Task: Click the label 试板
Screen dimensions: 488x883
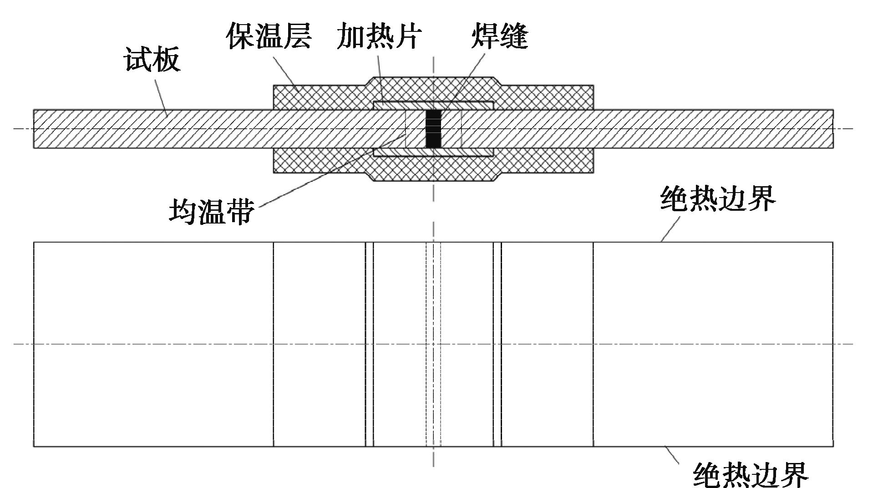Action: (x=152, y=60)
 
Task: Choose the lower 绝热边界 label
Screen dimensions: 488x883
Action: (x=751, y=475)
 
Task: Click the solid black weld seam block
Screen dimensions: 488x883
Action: (x=433, y=129)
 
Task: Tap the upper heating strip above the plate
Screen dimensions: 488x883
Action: (x=432, y=106)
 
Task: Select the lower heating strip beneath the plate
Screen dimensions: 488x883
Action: (x=432, y=152)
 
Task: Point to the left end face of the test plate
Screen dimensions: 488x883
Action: (x=34, y=129)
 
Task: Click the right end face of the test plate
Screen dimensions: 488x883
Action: (x=833, y=129)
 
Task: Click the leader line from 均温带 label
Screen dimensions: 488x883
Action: (x=319, y=178)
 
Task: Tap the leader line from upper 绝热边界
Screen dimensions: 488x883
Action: (x=670, y=229)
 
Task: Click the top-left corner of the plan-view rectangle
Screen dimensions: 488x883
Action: (x=34, y=243)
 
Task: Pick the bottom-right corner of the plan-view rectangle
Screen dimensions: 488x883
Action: (x=833, y=446)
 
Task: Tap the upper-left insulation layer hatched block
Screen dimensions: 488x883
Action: (x=319, y=97)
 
